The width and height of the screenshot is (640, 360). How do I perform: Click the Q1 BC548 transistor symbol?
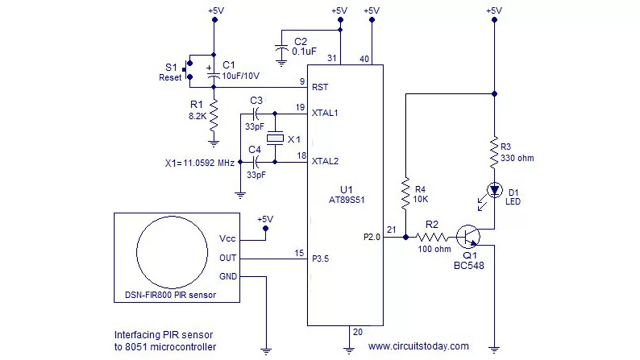point(468,237)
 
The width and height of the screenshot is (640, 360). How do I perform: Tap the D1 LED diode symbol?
point(494,190)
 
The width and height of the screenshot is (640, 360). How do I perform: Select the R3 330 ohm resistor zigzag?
point(494,153)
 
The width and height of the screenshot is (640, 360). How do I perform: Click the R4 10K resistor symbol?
point(405,194)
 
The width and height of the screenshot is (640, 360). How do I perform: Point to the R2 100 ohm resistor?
point(431,237)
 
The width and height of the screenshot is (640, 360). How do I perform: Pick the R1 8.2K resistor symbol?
point(214,116)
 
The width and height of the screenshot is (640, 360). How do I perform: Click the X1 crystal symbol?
point(275,138)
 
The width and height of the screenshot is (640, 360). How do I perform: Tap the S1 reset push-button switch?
point(187,70)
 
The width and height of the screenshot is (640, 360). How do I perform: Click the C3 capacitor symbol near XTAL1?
point(255,114)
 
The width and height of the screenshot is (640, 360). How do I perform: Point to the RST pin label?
point(320,87)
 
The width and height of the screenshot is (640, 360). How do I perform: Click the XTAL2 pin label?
point(325,162)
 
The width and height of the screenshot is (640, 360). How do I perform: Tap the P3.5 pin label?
point(321,259)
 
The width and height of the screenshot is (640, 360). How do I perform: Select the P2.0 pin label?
point(372,237)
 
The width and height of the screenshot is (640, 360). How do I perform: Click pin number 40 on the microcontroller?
point(364,59)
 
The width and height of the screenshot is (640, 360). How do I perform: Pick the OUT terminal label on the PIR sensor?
point(228,258)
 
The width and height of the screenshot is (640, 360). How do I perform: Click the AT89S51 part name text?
point(347,200)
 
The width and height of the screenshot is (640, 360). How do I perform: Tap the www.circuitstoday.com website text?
point(419,346)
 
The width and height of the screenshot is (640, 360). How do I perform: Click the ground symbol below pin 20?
point(349,350)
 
